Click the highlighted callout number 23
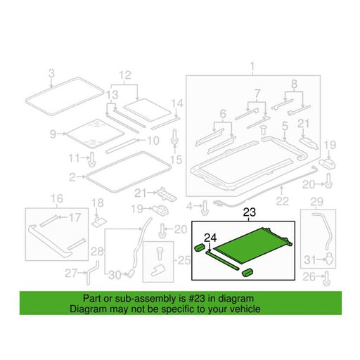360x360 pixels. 250,212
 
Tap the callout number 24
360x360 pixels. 210,238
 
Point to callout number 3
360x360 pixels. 51,73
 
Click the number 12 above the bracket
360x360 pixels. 125,75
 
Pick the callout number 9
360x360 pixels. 53,134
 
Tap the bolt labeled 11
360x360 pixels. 92,159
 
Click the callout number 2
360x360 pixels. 72,177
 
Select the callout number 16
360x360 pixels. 57,198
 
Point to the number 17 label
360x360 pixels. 75,217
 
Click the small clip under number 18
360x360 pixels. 98,221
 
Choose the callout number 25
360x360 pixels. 184,260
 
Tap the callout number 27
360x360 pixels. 71,274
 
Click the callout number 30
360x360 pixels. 115,275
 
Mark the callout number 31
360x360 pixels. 310,259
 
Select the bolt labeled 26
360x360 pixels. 326,278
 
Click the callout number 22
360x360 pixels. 282,201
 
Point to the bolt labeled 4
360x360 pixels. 205,207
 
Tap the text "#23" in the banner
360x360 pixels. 197,299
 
